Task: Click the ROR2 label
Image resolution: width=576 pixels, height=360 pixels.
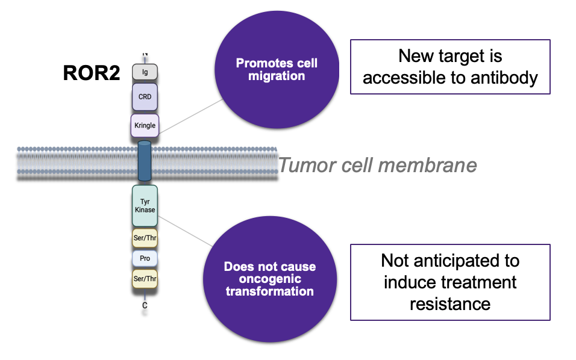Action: pos(91,73)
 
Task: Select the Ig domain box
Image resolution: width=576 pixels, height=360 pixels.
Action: pos(145,72)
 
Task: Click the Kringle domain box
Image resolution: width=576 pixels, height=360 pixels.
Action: pos(145,125)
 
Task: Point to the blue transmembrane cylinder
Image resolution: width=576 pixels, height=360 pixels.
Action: pos(145,161)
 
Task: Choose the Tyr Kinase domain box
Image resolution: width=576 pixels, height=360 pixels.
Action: pos(145,205)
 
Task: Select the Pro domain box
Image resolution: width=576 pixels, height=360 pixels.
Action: pos(145,258)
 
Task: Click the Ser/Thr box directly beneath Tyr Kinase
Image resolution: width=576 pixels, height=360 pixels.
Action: pos(145,238)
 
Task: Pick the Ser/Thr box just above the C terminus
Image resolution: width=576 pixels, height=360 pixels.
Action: pos(145,279)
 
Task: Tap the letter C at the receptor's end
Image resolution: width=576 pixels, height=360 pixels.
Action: pos(145,305)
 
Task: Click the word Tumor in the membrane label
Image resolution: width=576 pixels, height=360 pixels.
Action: pos(307,165)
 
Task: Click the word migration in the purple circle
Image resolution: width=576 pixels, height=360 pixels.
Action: pos(277,76)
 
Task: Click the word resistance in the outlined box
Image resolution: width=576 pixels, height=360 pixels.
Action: pos(449,303)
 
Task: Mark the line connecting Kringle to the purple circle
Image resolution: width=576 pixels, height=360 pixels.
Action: pos(187,116)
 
